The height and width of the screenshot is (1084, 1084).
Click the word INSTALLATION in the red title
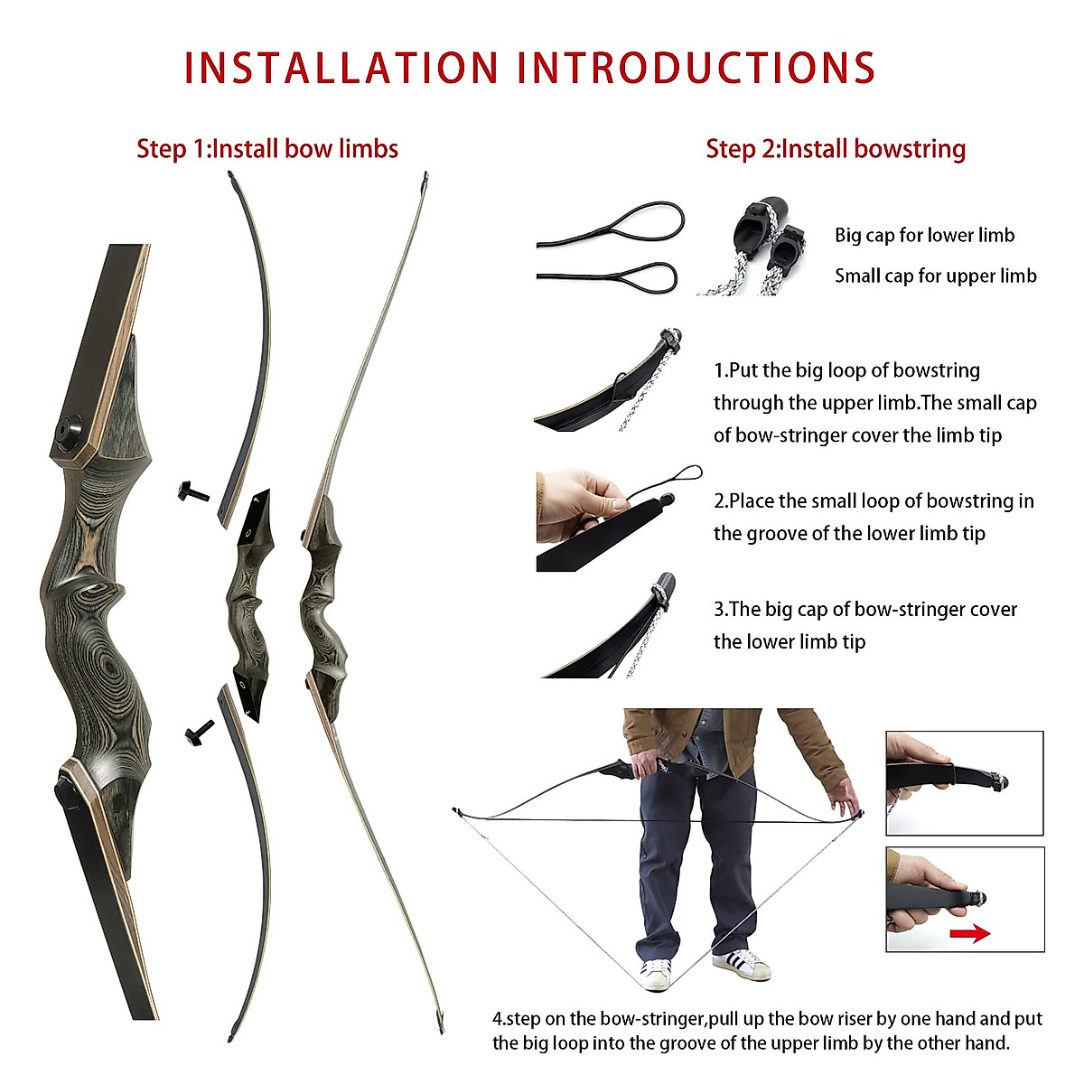[x=341, y=69]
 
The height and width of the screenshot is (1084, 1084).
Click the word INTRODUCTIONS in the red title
[x=696, y=69]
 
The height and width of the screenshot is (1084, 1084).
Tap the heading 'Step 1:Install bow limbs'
[x=267, y=149]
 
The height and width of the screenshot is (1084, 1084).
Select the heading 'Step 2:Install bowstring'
[x=836, y=149]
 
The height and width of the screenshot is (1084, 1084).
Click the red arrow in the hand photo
[x=970, y=933]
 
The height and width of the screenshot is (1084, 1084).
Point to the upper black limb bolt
[x=195, y=492]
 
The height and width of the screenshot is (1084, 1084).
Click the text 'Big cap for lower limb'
[x=924, y=236]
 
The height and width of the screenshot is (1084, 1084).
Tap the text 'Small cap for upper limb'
[x=935, y=276]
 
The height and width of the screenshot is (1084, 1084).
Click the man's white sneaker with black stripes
[x=742, y=964]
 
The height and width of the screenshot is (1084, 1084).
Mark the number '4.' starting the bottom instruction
[x=499, y=1019]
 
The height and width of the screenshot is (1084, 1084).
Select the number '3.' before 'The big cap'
[x=720, y=610]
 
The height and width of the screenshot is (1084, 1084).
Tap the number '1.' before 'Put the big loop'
[x=720, y=370]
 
